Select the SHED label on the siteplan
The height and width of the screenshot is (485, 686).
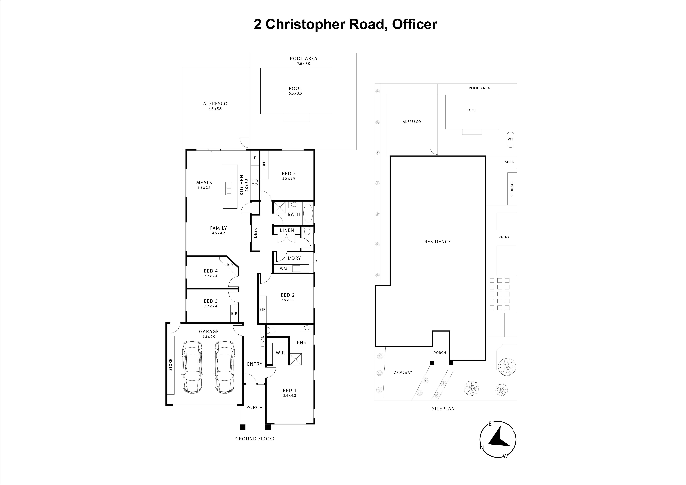click(509, 162)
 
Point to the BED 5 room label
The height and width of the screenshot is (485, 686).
click(289, 173)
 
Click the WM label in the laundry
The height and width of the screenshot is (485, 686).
click(283, 269)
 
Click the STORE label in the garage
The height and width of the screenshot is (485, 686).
click(171, 365)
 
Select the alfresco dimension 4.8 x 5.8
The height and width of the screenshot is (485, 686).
click(215, 109)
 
